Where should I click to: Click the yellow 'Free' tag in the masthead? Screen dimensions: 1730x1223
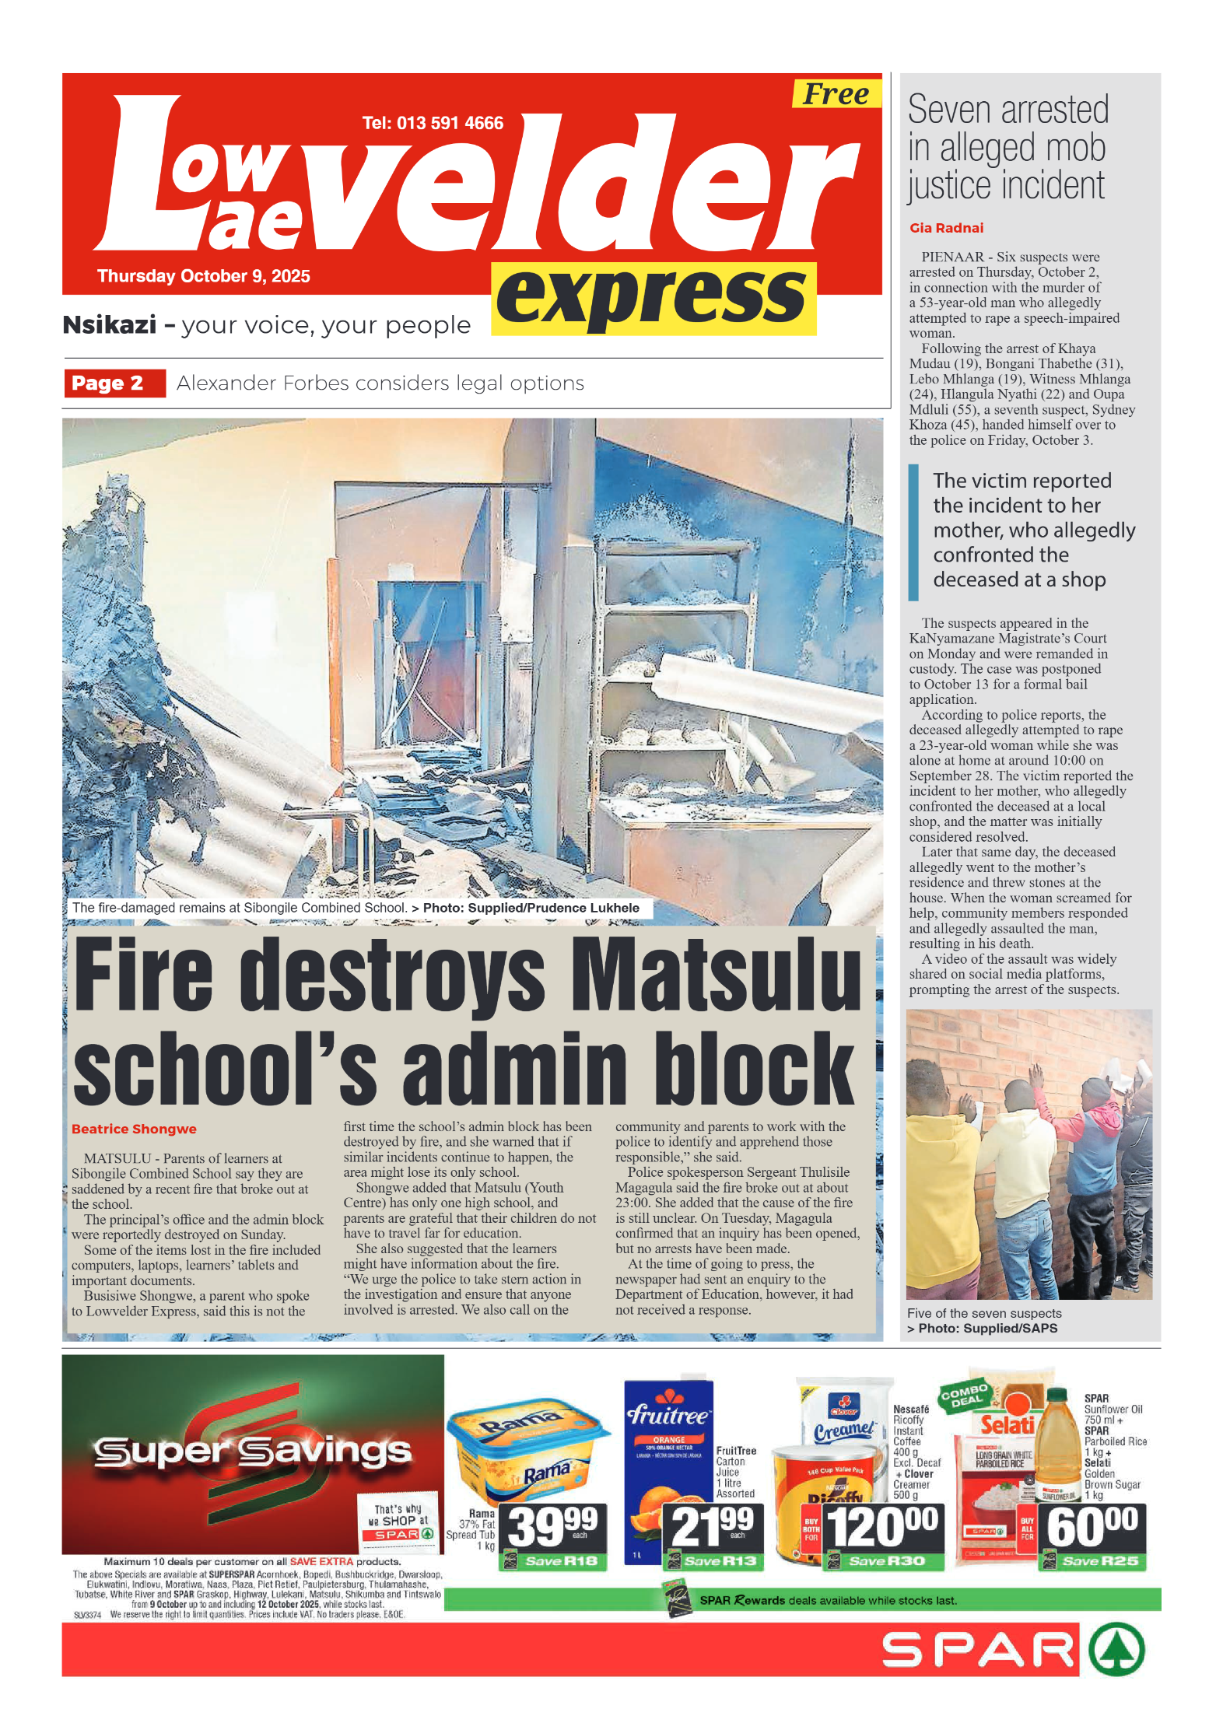[x=836, y=94]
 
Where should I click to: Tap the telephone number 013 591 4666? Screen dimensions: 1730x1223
[x=433, y=123]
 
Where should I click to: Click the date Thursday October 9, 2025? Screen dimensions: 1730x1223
[x=204, y=276]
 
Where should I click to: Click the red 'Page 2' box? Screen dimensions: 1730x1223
[x=114, y=383]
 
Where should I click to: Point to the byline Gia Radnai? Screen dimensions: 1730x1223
[x=946, y=228]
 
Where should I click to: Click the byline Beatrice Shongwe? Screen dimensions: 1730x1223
[x=134, y=1129]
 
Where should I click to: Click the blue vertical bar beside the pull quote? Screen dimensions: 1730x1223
[x=913, y=532]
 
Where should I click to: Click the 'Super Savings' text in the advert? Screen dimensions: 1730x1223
[x=252, y=1451]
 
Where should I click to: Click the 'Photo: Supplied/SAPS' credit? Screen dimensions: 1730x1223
[x=987, y=1328]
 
